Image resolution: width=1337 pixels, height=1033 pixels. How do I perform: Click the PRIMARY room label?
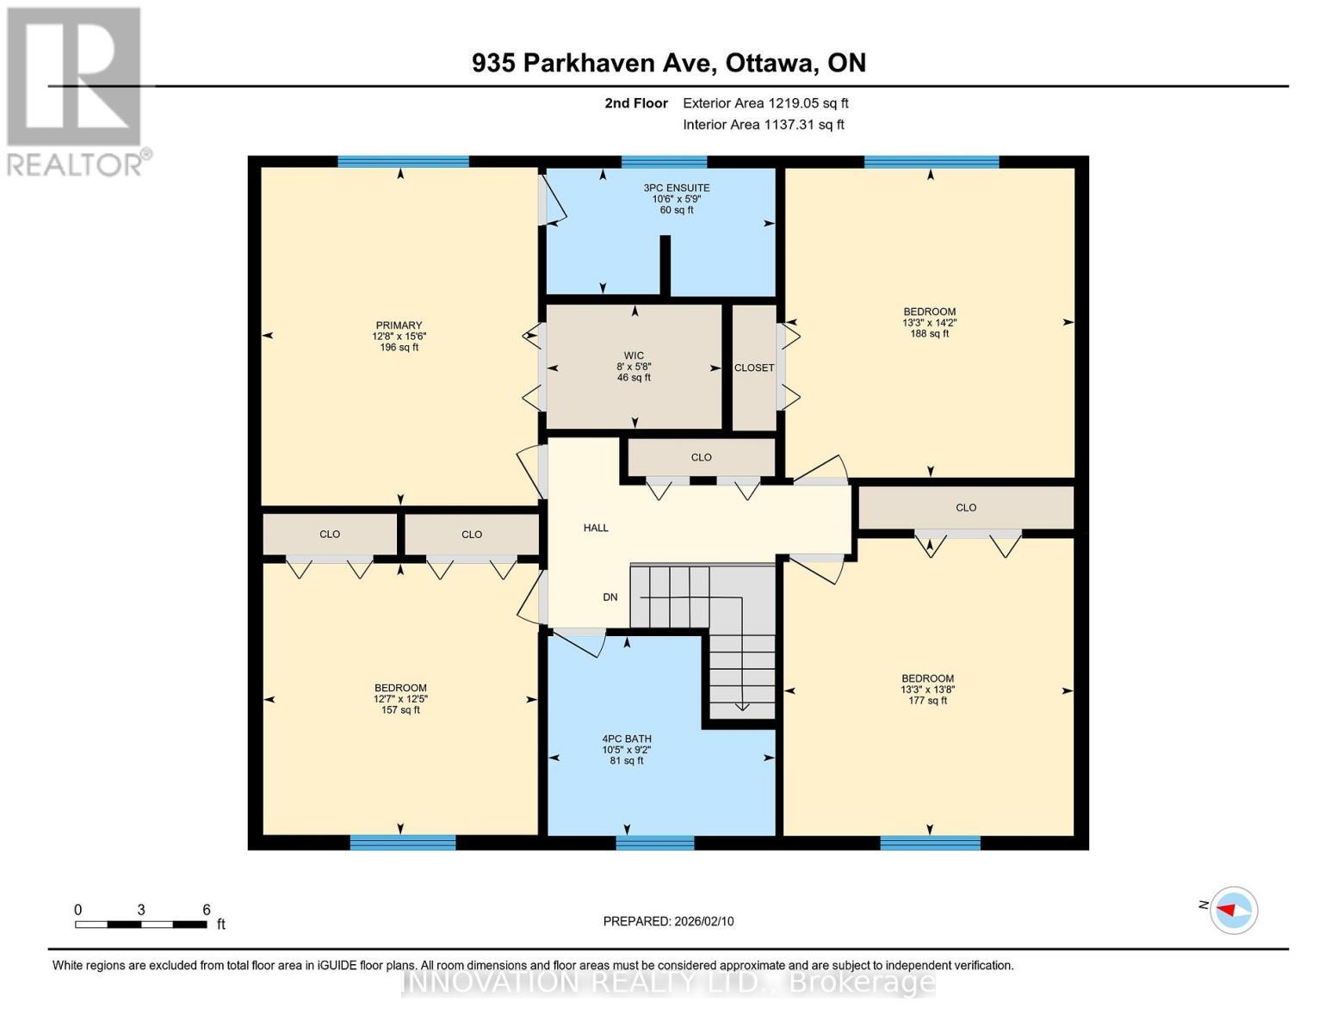click(x=399, y=325)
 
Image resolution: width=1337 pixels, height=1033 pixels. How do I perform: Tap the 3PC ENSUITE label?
click(x=677, y=188)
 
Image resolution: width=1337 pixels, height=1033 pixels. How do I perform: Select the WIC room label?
click(x=634, y=356)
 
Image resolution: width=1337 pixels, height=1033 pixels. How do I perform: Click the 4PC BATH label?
click(x=627, y=739)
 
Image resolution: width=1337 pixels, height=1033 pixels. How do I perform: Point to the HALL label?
click(x=596, y=528)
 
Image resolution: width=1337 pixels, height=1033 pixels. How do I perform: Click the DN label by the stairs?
click(x=610, y=597)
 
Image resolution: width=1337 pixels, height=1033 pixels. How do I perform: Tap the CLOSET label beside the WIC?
click(x=754, y=368)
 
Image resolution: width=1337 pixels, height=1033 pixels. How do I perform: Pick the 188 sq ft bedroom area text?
click(x=930, y=334)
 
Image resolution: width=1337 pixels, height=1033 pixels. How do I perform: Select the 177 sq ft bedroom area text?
click(x=928, y=701)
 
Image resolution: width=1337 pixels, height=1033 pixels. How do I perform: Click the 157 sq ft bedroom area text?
click(x=400, y=710)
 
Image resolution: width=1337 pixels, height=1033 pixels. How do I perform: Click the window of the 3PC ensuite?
click(x=664, y=161)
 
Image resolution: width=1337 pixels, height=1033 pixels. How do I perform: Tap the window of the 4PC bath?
click(x=655, y=843)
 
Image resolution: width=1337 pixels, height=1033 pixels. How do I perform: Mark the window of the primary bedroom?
click(x=403, y=161)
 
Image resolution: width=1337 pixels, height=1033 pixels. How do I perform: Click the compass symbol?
click(x=1234, y=910)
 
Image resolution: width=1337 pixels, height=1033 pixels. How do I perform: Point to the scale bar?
click(x=140, y=925)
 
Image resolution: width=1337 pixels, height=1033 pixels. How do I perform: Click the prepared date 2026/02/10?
click(x=668, y=921)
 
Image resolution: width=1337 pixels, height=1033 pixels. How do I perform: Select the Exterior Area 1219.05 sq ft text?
click(x=765, y=103)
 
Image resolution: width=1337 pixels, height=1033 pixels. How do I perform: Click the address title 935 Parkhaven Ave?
click(x=669, y=63)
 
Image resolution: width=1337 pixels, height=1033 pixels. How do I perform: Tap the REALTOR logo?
click(x=75, y=91)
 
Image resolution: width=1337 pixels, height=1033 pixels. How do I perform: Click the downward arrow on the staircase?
click(x=742, y=706)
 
